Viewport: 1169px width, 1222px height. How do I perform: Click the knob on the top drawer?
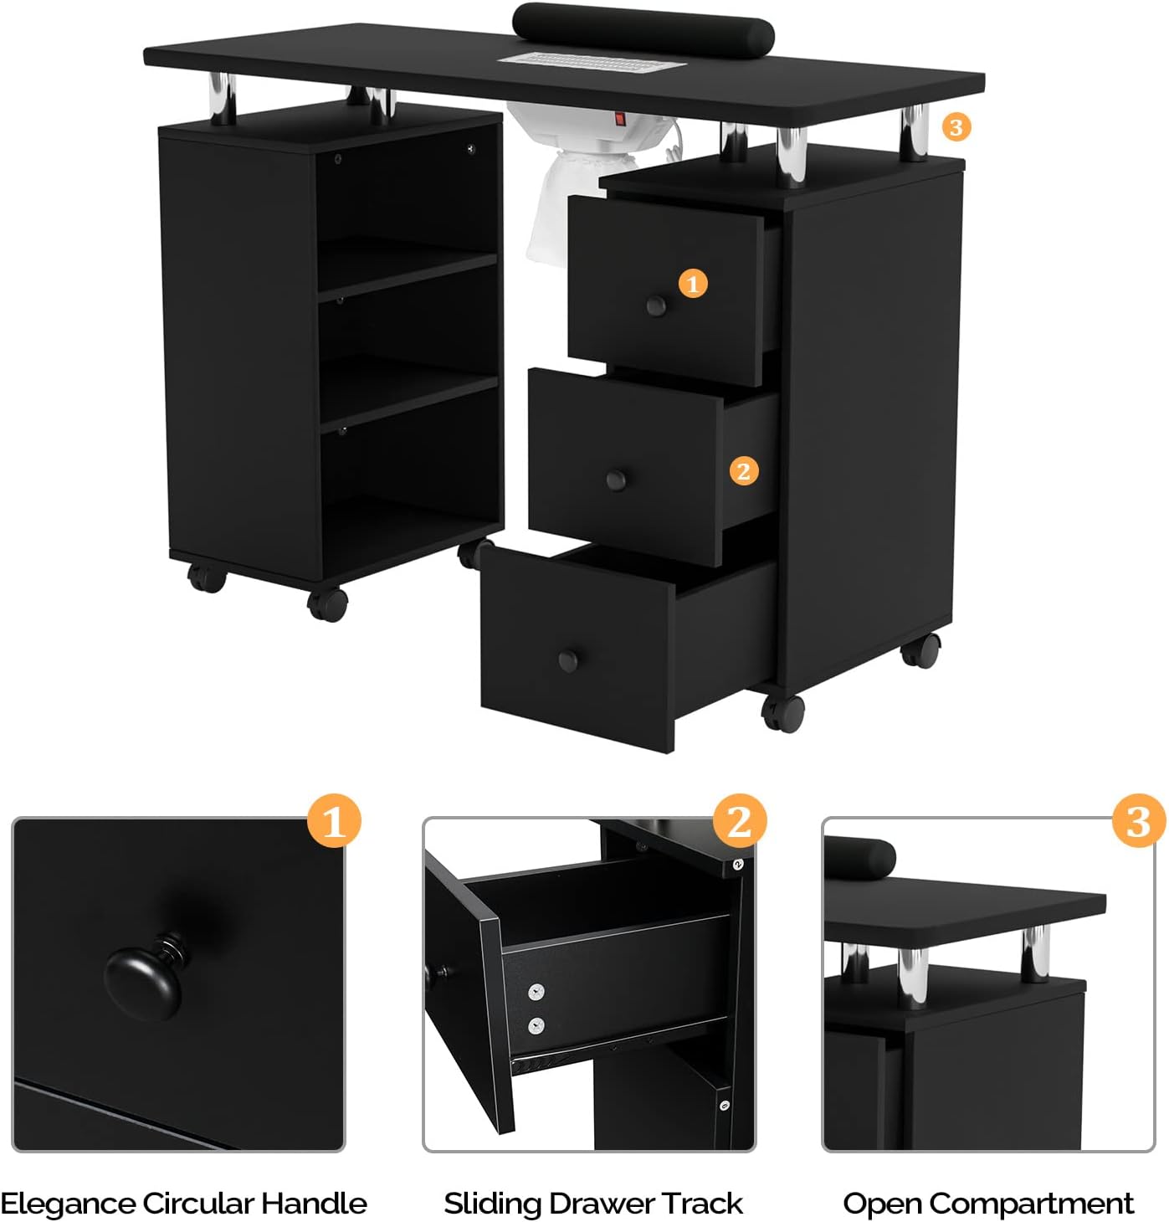coord(657,305)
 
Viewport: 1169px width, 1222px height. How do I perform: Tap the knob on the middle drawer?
coord(617,480)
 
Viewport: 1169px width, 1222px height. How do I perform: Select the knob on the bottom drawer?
coord(569,660)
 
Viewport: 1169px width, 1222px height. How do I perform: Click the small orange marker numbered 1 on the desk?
coord(693,284)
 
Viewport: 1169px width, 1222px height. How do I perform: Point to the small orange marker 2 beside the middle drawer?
coord(744,471)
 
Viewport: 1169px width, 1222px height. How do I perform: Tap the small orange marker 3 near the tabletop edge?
coord(956,127)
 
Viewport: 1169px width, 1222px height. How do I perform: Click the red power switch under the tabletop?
coord(620,120)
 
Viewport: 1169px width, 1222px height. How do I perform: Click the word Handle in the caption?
coord(314,1204)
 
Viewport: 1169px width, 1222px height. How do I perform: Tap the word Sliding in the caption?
coord(492,1204)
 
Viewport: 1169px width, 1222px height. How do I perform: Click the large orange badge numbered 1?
coord(334,821)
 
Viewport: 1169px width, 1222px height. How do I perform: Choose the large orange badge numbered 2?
coord(740,821)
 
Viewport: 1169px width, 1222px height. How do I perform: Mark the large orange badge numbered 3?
coord(1138,821)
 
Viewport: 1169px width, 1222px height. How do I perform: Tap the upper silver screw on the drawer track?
coord(537,993)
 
